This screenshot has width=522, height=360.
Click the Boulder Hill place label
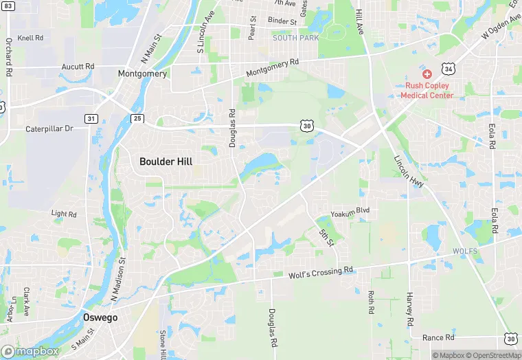(166, 161)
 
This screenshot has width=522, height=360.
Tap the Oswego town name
(100, 317)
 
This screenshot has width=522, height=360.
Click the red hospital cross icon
(427, 74)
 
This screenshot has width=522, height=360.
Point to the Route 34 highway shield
(448, 69)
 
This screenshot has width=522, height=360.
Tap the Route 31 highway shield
(91, 119)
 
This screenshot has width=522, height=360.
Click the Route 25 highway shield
(137, 119)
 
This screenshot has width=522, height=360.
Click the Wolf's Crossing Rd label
(321, 273)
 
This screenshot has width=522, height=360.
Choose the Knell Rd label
(30, 38)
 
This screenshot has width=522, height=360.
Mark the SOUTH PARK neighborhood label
(295, 38)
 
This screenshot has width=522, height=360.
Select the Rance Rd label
(438, 337)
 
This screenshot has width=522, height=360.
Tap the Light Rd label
(64, 214)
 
